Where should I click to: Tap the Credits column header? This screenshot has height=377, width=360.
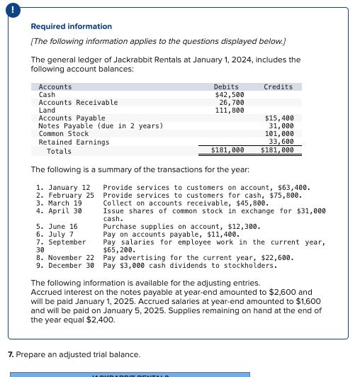(278, 87)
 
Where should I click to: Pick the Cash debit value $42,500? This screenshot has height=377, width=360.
(230, 95)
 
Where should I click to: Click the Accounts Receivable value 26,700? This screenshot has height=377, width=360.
(232, 103)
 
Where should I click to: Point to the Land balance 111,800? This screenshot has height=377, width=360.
(230, 111)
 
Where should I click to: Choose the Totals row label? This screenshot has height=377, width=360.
(59, 151)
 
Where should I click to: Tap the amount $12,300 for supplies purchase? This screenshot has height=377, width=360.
(245, 227)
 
